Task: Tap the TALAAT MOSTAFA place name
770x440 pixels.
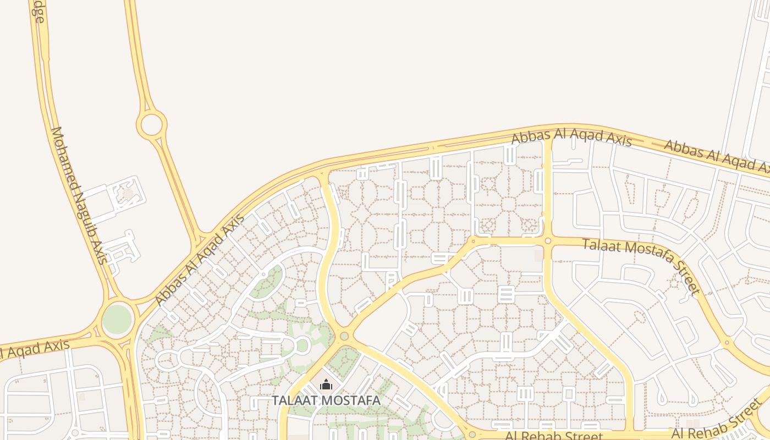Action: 326,400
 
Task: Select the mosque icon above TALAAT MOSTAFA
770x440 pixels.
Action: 326,384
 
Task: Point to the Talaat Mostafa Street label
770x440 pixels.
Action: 641,266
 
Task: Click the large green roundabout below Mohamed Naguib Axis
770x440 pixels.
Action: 118,319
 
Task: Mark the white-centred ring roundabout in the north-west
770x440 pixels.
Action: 151,125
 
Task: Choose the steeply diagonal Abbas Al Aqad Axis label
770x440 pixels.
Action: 199,260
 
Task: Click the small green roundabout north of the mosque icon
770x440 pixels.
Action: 344,335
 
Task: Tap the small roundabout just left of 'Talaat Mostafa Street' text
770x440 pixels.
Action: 548,240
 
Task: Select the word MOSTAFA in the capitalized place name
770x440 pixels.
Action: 353,400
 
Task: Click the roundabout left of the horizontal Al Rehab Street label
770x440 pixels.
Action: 472,435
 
